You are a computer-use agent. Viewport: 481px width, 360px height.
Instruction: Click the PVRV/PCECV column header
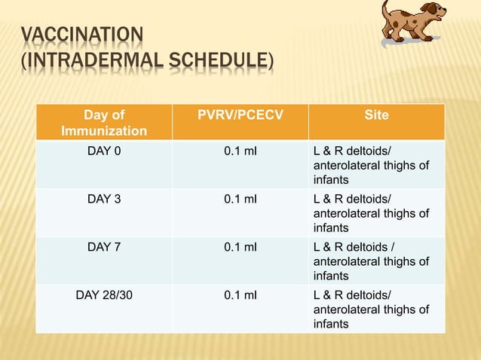pyautogui.click(x=240, y=115)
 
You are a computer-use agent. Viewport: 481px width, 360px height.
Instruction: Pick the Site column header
pyautogui.click(x=376, y=115)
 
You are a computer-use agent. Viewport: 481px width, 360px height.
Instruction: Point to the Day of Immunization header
pyautogui.click(x=105, y=123)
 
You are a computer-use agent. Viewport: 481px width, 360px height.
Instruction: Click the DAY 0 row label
pyautogui.click(x=104, y=151)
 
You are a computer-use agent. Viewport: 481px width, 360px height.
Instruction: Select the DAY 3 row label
pyautogui.click(x=104, y=199)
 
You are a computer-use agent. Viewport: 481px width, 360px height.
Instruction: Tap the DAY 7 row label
pyautogui.click(x=104, y=247)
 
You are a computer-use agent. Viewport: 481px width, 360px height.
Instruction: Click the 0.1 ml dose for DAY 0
pyautogui.click(x=240, y=151)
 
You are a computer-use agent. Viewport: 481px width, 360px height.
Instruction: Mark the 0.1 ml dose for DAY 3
pyautogui.click(x=240, y=199)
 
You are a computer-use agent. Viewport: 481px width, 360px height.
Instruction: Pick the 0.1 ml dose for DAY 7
pyautogui.click(x=240, y=247)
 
